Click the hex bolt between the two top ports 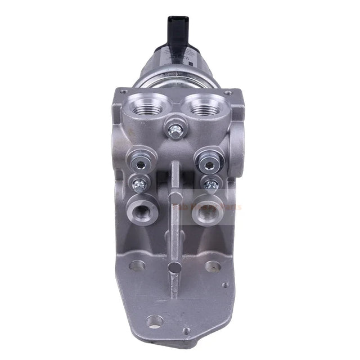click(x=175, y=132)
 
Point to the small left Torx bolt click(x=138, y=183)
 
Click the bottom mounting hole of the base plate click(x=154, y=321)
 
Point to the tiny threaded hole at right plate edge click(x=226, y=285)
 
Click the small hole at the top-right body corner click(x=227, y=93)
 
